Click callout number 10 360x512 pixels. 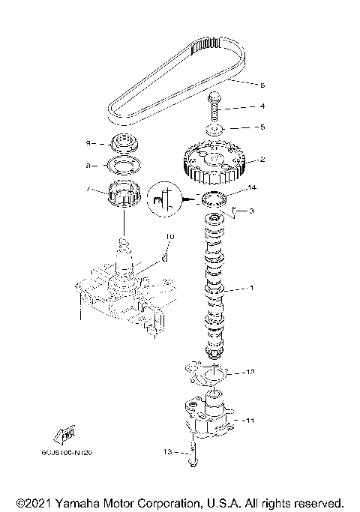click(x=169, y=237)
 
